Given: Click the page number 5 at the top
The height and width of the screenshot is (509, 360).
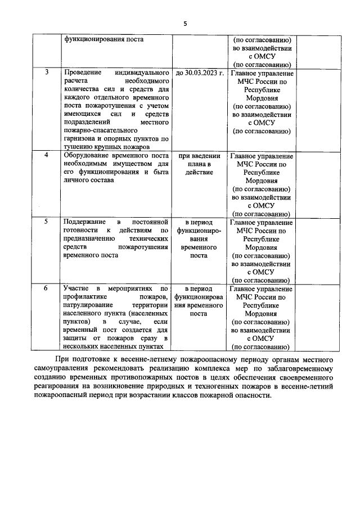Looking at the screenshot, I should click(x=184, y=23).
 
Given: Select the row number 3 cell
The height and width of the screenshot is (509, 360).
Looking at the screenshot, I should click(x=47, y=73).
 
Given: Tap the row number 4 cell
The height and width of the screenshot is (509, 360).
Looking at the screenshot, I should click(x=47, y=155).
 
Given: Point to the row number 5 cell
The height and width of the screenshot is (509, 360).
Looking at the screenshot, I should click(x=47, y=222).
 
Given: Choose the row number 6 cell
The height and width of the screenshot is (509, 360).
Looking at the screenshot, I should click(x=47, y=288).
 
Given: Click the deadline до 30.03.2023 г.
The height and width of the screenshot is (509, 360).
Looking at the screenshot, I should click(x=200, y=73).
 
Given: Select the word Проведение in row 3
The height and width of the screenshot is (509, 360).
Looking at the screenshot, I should click(x=83, y=73).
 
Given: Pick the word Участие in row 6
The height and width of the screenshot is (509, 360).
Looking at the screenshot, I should click(x=76, y=288).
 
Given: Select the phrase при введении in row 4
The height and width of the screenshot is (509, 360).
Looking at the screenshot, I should click(x=200, y=155).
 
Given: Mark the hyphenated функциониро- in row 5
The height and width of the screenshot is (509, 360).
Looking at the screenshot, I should click(x=199, y=230).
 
